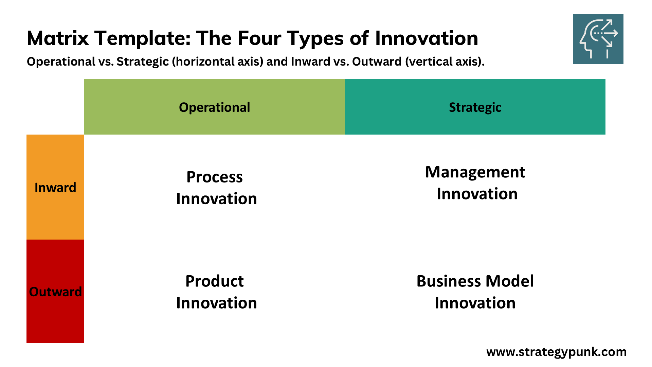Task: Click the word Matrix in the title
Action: tap(58, 38)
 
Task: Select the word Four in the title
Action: tap(259, 38)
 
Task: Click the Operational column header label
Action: tap(214, 107)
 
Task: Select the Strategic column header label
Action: tap(475, 107)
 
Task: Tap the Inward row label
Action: tap(55, 188)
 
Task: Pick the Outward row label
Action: tap(55, 292)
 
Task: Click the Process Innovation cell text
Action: tap(216, 188)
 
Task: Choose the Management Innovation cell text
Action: tap(475, 183)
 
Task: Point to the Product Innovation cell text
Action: tap(216, 292)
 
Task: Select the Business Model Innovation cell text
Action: tap(475, 292)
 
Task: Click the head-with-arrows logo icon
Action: tap(598, 39)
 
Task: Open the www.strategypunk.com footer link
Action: tap(556, 352)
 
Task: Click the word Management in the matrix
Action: tap(475, 172)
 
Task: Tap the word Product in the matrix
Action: tap(214, 281)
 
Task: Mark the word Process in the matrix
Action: tap(214, 177)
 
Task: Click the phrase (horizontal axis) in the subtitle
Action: tap(217, 62)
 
